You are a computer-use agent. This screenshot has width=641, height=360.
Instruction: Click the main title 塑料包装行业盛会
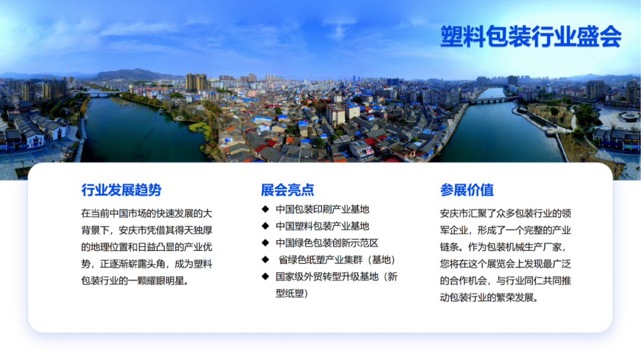click(531, 36)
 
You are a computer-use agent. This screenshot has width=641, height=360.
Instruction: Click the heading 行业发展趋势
click(122, 190)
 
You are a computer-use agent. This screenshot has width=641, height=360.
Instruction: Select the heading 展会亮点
click(287, 190)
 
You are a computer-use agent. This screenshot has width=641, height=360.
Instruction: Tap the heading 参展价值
click(467, 190)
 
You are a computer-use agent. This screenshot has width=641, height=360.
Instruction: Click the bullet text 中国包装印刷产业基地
click(322, 209)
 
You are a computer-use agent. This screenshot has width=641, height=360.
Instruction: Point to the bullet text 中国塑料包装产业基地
click(322, 226)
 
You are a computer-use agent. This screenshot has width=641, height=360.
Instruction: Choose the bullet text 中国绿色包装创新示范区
click(326, 243)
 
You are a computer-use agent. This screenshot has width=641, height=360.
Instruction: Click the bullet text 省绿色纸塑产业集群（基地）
click(337, 260)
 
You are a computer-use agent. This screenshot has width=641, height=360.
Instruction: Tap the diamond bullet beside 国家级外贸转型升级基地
click(265, 276)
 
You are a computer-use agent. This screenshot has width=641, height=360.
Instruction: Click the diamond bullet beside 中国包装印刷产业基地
click(265, 209)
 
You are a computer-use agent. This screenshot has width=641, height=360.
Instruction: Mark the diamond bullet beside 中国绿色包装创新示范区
click(265, 243)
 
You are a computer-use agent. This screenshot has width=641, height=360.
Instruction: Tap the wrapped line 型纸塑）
click(292, 294)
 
